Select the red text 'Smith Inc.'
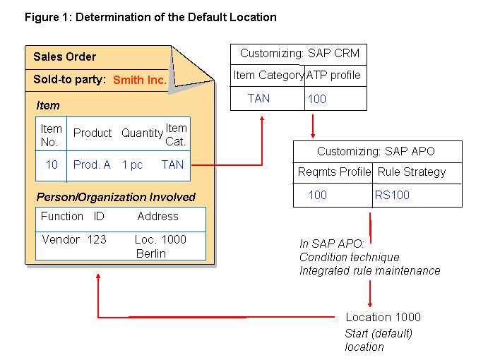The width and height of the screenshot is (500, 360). [x=140, y=80]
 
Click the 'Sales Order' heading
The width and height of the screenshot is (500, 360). [x=65, y=57]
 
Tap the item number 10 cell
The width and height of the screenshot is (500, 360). [x=52, y=164]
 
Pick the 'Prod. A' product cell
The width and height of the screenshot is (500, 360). [x=92, y=164]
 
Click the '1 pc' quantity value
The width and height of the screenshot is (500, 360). [x=132, y=164]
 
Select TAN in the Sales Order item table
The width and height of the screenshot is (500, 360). [x=172, y=164]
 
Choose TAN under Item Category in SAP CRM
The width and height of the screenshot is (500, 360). [x=258, y=98]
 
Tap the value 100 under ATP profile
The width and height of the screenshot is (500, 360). [x=317, y=99]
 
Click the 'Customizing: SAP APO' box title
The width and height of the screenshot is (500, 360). [x=376, y=151]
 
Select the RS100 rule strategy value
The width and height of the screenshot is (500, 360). [x=392, y=195]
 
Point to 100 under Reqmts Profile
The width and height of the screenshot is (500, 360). [x=318, y=195]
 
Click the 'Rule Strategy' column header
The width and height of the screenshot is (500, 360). [x=412, y=172]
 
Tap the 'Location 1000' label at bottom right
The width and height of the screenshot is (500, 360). [x=383, y=317]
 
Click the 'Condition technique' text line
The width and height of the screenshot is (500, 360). [x=349, y=257]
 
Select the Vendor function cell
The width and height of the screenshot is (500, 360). [x=59, y=239]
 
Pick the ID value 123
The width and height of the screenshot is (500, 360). [x=97, y=239]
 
